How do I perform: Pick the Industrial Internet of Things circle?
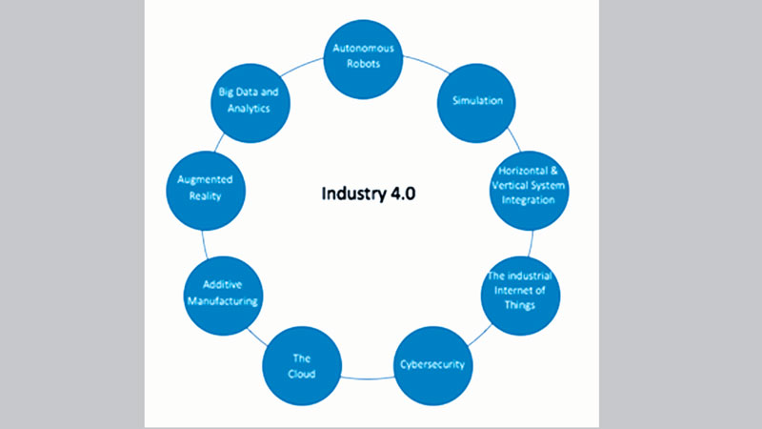pyautogui.click(x=520, y=292)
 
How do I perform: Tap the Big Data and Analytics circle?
pyautogui.click(x=250, y=102)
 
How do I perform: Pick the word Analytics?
pyautogui.click(x=250, y=110)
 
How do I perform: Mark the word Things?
pyautogui.click(x=520, y=306)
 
